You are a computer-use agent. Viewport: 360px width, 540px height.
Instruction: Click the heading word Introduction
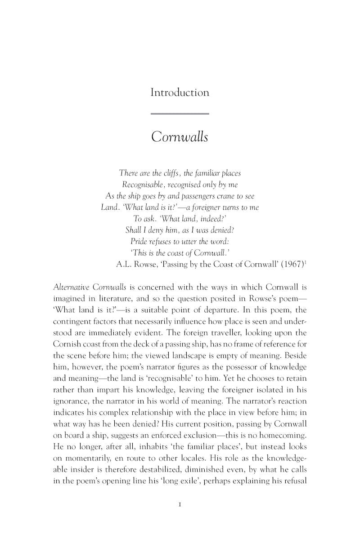tap(180, 93)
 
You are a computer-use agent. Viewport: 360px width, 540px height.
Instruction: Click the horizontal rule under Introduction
tap(180, 113)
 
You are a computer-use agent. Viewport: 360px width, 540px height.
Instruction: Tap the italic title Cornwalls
tap(180, 136)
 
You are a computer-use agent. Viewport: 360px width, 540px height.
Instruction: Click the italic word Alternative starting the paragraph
tap(71, 287)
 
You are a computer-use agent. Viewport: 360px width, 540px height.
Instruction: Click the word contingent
tap(73, 321)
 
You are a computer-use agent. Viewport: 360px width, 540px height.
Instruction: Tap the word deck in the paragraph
tap(138, 345)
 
